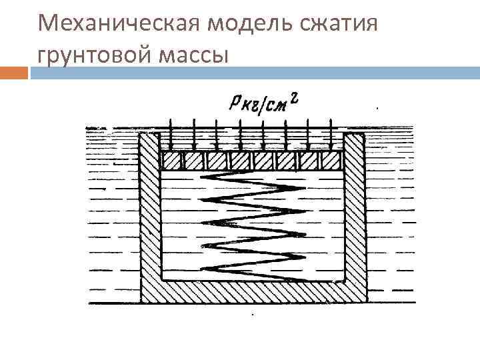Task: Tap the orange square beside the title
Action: [x=15, y=71]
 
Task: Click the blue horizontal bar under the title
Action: [x=253, y=71]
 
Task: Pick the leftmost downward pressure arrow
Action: [x=171, y=133]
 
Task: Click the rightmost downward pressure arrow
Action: [x=331, y=133]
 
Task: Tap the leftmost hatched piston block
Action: [x=171, y=161]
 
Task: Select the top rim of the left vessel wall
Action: [x=150, y=133]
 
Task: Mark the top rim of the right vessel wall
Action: [x=355, y=133]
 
